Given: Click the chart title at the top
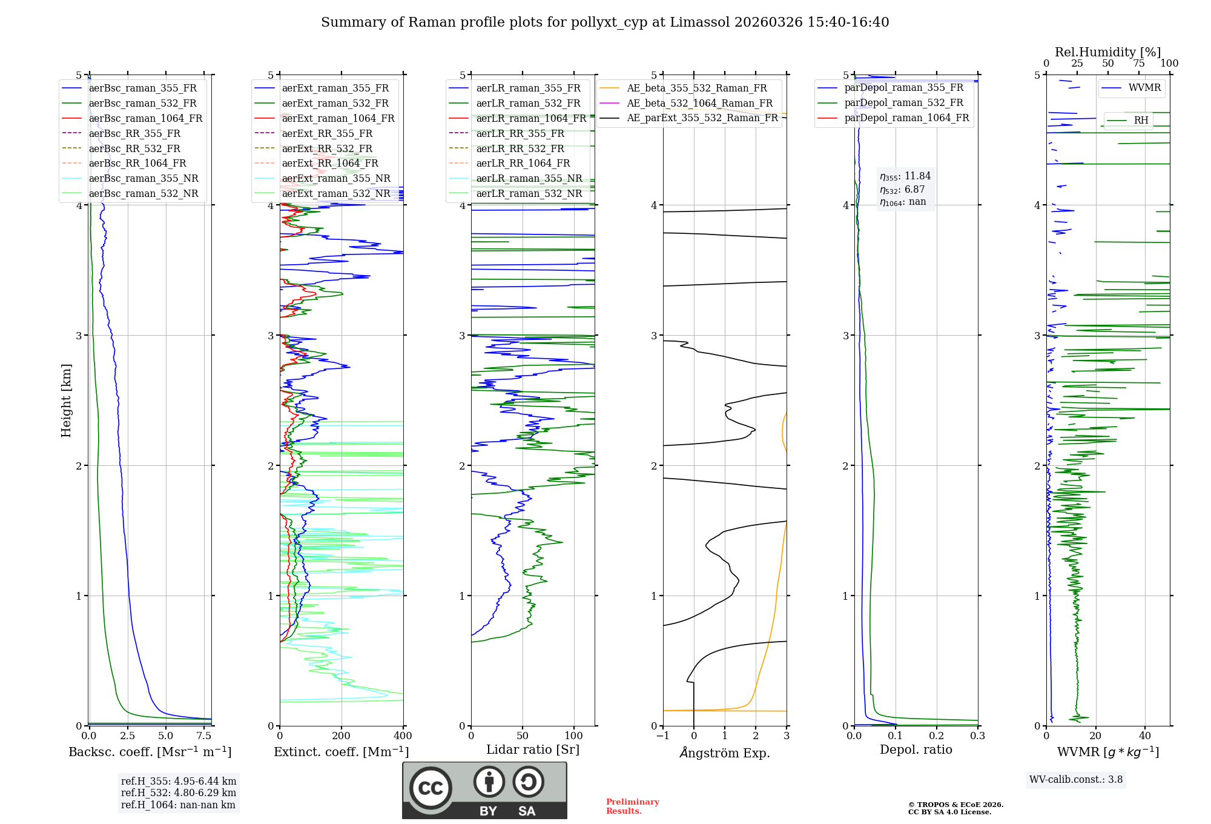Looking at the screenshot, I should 605,22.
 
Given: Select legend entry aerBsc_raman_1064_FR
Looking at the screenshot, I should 145,118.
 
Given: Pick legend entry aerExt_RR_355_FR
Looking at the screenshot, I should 327,133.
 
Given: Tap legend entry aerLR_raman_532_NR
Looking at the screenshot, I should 529,193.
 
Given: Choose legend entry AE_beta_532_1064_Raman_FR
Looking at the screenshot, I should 699,103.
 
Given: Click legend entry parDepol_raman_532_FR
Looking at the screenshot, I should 903,102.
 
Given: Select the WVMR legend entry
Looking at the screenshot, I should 1144,88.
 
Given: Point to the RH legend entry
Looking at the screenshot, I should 1141,120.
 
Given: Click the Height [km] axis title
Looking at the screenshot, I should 66,400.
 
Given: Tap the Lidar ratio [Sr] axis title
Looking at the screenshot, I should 533,749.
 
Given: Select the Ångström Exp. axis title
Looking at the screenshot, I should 725,753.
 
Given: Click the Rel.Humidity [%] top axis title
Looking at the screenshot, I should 1107,52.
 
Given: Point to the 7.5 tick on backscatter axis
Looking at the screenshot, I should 204,736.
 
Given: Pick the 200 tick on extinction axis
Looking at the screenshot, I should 342,736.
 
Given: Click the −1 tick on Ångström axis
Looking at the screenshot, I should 663,736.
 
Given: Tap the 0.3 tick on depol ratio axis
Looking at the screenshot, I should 977,736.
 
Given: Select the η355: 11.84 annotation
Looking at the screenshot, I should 905,176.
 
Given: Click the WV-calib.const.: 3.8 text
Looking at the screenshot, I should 1076,780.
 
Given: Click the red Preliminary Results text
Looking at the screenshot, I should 632,806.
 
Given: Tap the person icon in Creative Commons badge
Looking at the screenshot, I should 489,782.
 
